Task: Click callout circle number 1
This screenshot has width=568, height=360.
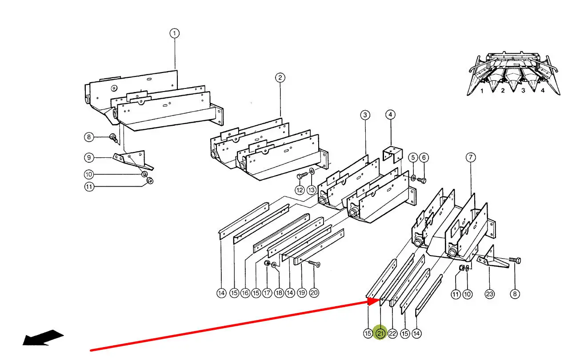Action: coord(175,33)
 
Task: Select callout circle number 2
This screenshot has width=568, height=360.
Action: coord(280,78)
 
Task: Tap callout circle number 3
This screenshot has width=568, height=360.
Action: coord(365,115)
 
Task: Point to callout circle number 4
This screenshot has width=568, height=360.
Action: coord(390,115)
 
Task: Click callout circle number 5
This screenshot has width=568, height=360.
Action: coord(413,157)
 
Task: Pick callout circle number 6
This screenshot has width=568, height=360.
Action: coord(424,157)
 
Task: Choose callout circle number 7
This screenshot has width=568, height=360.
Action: coord(471,157)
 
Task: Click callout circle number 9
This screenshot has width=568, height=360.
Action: coord(89,158)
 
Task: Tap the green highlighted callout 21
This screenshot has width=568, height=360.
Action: coord(380,333)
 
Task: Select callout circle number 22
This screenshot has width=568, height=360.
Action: coord(392,334)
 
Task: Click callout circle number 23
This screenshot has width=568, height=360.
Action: coord(489,294)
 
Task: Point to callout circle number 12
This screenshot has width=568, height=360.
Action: coord(300,190)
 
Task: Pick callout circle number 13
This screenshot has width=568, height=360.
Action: coord(312,190)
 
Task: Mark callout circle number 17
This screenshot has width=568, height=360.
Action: coord(267,293)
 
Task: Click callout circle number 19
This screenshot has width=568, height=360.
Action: coord(301,293)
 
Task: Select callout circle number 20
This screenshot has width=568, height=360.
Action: coord(314,293)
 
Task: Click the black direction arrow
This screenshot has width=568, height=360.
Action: coord(43,337)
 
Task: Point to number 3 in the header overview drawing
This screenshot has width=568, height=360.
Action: coord(523,91)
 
